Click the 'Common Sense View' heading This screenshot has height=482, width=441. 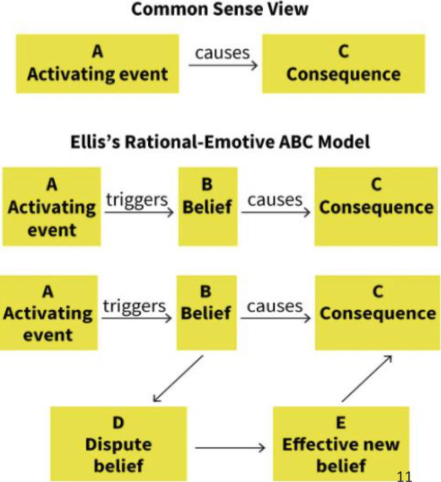point(219,9)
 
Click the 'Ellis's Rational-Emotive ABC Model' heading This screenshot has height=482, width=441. point(219,142)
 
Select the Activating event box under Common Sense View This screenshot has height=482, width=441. point(97,64)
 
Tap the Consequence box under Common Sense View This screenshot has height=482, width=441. point(343,64)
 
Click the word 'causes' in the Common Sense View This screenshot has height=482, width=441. point(223,53)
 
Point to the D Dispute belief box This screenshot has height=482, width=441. point(118,443)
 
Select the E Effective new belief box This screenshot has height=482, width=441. point(341,443)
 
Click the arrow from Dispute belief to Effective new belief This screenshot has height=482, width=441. point(231,447)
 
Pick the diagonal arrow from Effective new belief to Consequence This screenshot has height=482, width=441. point(367,379)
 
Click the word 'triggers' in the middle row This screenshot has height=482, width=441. point(136,200)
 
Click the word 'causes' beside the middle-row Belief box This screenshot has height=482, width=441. point(275,200)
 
